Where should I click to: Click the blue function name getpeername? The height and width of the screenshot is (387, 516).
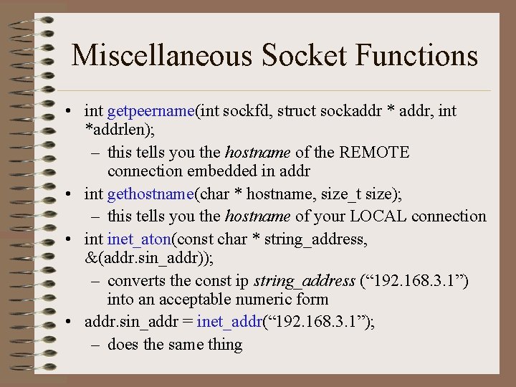click(x=150, y=111)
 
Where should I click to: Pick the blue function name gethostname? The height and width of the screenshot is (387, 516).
click(x=150, y=194)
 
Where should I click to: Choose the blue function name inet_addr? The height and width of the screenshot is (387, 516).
click(x=229, y=322)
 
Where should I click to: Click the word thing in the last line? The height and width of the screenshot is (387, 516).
click(x=226, y=345)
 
